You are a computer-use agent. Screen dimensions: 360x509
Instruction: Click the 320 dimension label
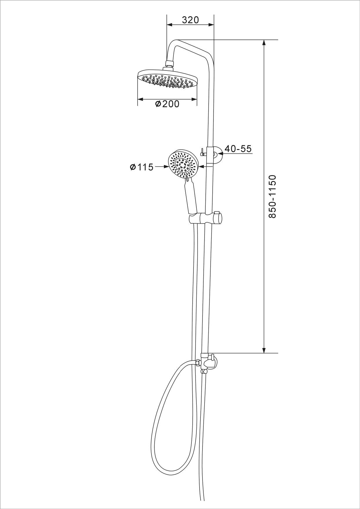click(190, 20)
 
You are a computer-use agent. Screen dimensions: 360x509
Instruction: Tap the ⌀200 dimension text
click(167, 104)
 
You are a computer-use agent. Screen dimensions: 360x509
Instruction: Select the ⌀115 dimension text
click(142, 167)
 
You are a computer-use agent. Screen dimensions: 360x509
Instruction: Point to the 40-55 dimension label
click(238, 149)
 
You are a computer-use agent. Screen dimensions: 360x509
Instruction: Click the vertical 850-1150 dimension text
click(273, 196)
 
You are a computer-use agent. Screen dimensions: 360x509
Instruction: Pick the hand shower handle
click(190, 197)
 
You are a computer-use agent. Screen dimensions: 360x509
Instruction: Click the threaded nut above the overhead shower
click(169, 64)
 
